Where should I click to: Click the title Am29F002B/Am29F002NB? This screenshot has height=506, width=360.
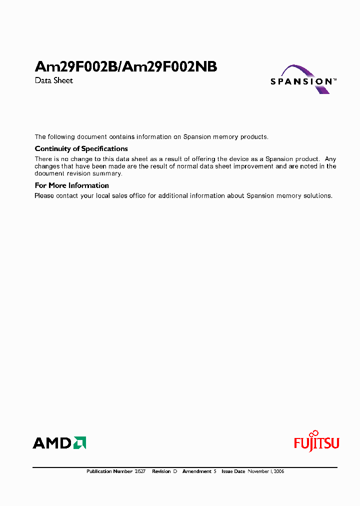pos(126,67)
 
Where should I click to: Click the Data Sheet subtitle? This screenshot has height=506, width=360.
pos(53,80)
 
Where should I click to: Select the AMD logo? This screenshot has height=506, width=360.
pos(59,442)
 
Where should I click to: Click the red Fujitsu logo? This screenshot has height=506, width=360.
pos(316,441)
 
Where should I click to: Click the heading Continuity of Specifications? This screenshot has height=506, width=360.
pos(81,148)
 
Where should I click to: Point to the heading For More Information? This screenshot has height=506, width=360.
pos(71,185)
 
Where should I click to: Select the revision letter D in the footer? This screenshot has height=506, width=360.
pos(175,471)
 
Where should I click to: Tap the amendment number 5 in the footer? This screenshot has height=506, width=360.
pos(214,471)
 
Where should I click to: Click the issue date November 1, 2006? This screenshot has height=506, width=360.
pos(265,471)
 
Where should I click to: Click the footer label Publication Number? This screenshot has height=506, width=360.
pos(109,471)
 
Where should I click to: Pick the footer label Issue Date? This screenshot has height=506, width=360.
pos(233,471)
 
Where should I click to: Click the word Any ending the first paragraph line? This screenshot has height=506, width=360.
pos(330,159)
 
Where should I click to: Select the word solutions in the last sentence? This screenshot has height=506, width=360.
pos(317,195)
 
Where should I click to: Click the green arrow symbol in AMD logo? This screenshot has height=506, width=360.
pos(80,442)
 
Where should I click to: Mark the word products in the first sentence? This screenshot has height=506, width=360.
pos(254,136)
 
